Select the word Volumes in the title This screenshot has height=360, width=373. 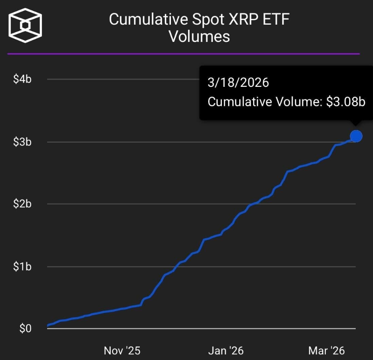199,36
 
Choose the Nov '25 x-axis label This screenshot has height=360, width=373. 122,350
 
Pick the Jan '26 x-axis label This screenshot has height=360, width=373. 225,350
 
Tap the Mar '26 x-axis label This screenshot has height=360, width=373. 327,350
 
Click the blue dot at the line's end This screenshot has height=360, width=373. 356,136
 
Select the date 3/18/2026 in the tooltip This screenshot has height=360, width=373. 238,82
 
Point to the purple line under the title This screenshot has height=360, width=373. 183,54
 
